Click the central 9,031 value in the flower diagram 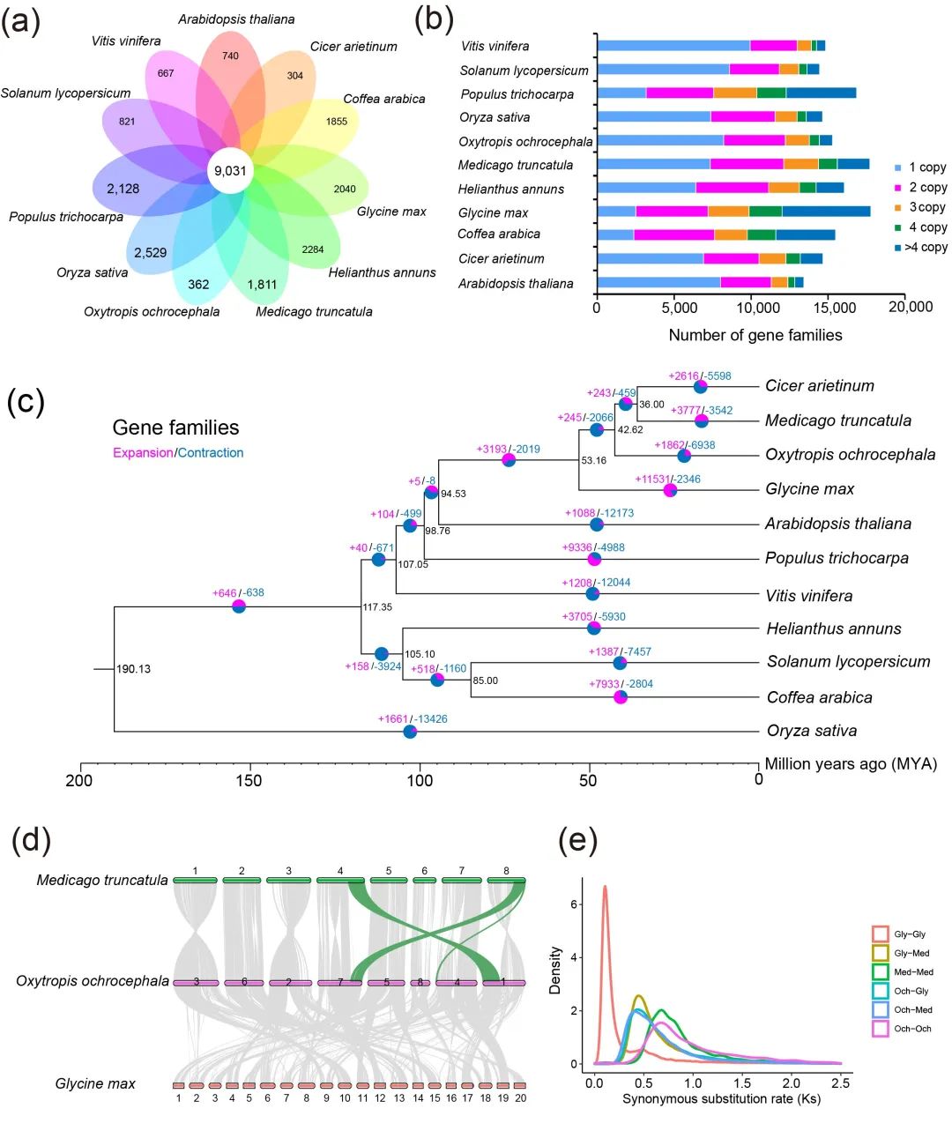point(230,171)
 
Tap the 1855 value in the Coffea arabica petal point(337,122)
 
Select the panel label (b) point(434,19)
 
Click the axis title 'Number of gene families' point(755,335)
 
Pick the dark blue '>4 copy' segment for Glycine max point(826,212)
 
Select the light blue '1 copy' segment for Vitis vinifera point(673,46)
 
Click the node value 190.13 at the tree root point(133,669)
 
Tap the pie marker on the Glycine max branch point(670,490)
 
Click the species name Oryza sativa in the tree point(811,731)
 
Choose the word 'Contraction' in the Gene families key point(211,453)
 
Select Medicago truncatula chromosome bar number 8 point(506,880)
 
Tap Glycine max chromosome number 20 point(521,1086)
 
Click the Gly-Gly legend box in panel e point(880,934)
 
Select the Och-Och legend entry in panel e point(911,1029)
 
